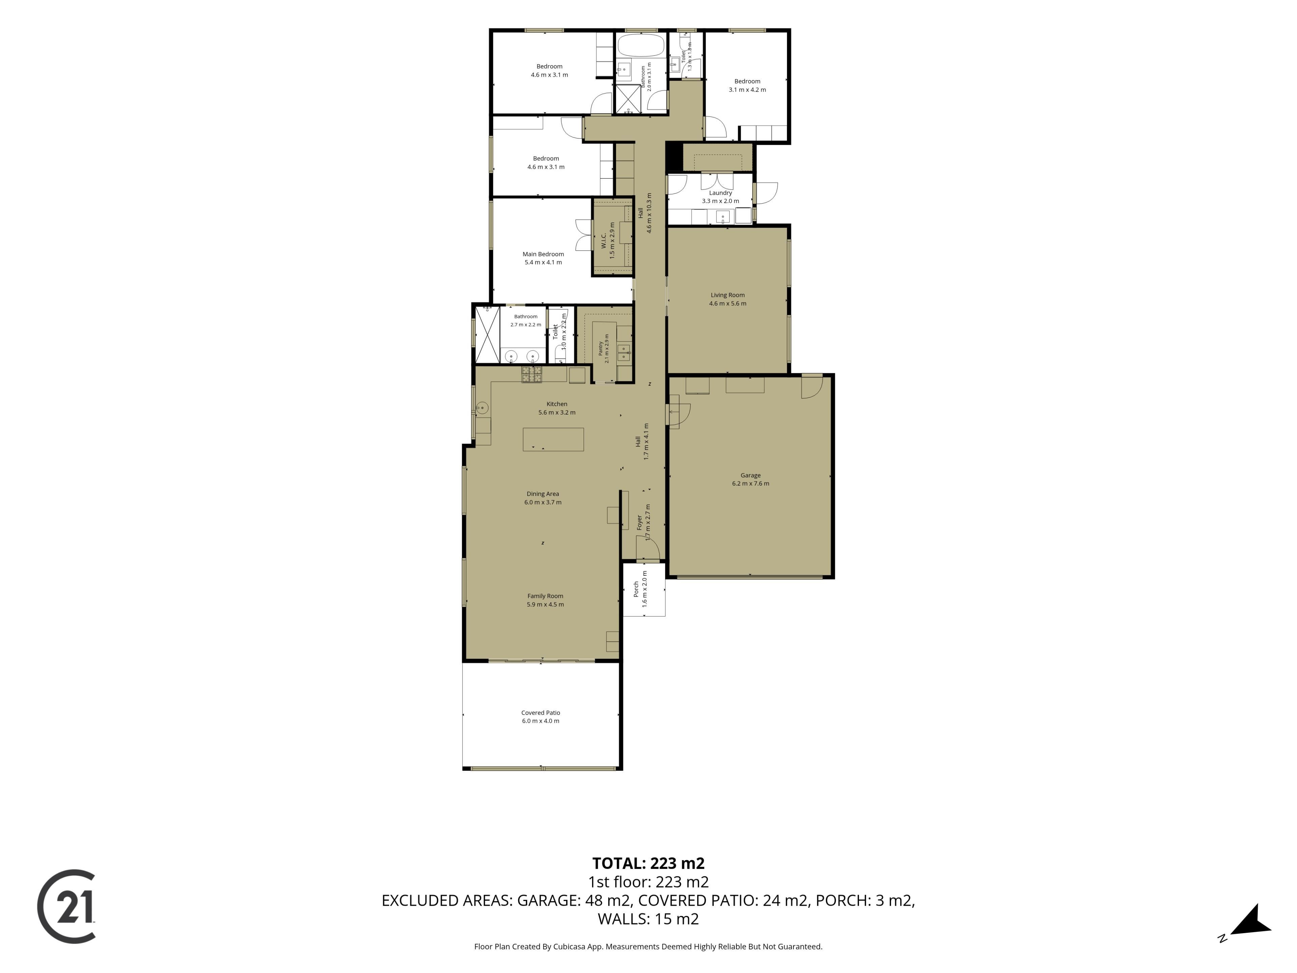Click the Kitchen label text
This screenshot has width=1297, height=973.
pos(557,404)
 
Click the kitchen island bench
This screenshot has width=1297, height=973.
pos(553,439)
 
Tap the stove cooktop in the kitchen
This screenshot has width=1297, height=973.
pos(532,375)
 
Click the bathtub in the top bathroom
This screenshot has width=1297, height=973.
pos(641,45)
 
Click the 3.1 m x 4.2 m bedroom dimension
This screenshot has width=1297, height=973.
pos(747,90)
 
